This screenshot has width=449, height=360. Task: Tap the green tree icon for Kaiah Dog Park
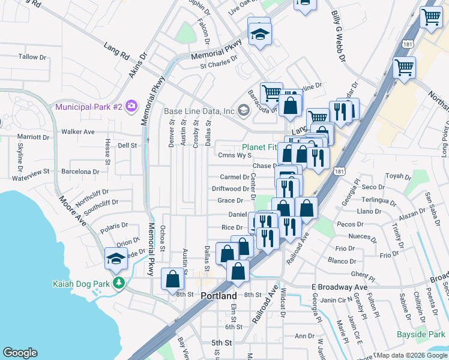click(x=119, y=282)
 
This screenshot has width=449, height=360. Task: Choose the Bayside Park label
click(x=421, y=334)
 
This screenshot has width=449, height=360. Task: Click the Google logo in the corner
click(x=20, y=353)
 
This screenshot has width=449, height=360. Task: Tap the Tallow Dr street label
click(x=32, y=56)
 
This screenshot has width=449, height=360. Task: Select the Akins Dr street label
click(x=138, y=65)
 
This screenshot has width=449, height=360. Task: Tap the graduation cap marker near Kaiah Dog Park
click(x=116, y=259)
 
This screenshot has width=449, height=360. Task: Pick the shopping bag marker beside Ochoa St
click(x=172, y=279)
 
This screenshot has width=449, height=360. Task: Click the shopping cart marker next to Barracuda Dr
click(x=271, y=93)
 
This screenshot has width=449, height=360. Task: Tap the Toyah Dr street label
click(x=397, y=176)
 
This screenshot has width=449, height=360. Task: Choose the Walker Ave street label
click(x=78, y=131)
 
